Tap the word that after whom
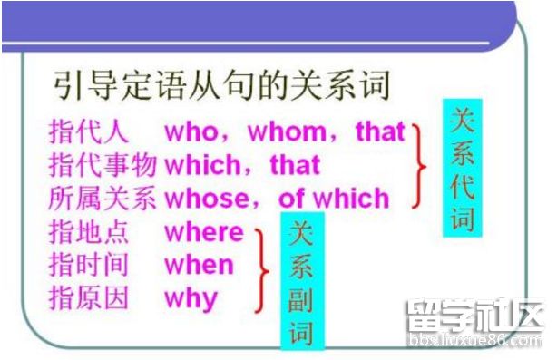point(379,131)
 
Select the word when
point(199,265)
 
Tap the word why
point(191,298)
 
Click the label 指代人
point(89,131)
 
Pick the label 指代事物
point(102,165)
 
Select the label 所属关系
point(102,198)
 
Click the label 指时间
point(89,265)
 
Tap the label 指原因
point(89,298)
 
